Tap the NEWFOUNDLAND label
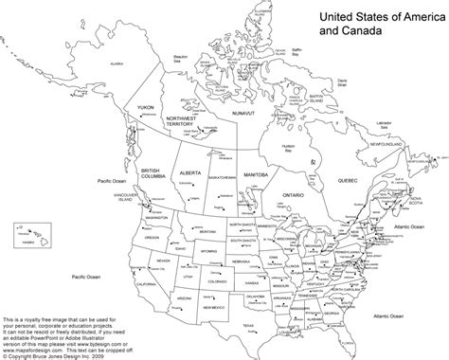[x=391, y=147]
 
